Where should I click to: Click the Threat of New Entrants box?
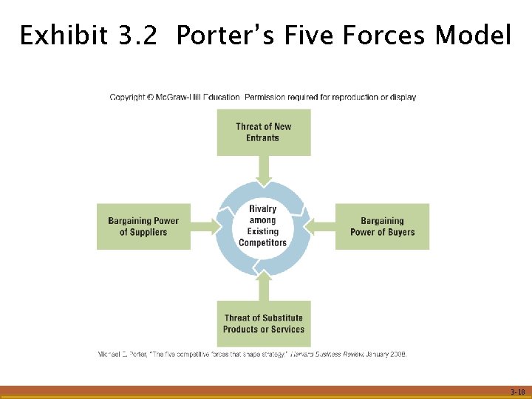(263, 132)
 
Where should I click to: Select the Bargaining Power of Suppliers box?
(143, 226)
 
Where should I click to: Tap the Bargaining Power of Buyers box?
(382, 226)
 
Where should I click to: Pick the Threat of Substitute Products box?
(263, 324)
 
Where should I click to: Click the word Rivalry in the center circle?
(263, 209)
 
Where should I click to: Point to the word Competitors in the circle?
(263, 242)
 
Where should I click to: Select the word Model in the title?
(473, 35)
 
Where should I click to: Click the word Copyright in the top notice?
(127, 97)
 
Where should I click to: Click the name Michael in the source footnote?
(111, 354)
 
